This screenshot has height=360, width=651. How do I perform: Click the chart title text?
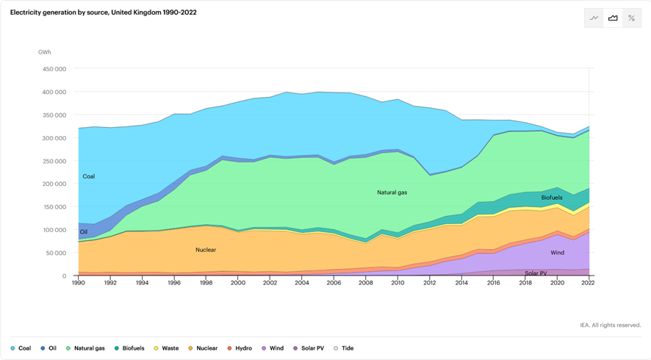pyautogui.click(x=104, y=12)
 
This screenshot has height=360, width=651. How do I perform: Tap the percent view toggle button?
pyautogui.click(x=631, y=18)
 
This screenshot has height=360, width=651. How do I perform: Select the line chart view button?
pyautogui.click(x=594, y=18)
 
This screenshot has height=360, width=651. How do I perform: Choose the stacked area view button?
pyautogui.click(x=613, y=18)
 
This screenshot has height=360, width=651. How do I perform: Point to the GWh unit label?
pyautogui.click(x=45, y=52)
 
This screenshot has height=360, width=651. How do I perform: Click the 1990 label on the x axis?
pyautogui.click(x=79, y=283)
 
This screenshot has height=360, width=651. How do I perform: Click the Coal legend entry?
pyautogui.click(x=21, y=348)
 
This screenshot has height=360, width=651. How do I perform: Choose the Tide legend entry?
pyautogui.click(x=344, y=348)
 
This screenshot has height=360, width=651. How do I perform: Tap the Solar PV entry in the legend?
pyautogui.click(x=309, y=348)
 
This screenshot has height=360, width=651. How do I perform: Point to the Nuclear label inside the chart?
pyautogui.click(x=206, y=250)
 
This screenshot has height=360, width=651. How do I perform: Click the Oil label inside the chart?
pyautogui.click(x=84, y=232)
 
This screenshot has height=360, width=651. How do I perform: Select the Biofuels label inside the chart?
pyautogui.click(x=552, y=198)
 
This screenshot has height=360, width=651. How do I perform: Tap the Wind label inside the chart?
pyautogui.click(x=558, y=253)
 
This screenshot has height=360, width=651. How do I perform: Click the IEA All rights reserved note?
pyautogui.click(x=610, y=325)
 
